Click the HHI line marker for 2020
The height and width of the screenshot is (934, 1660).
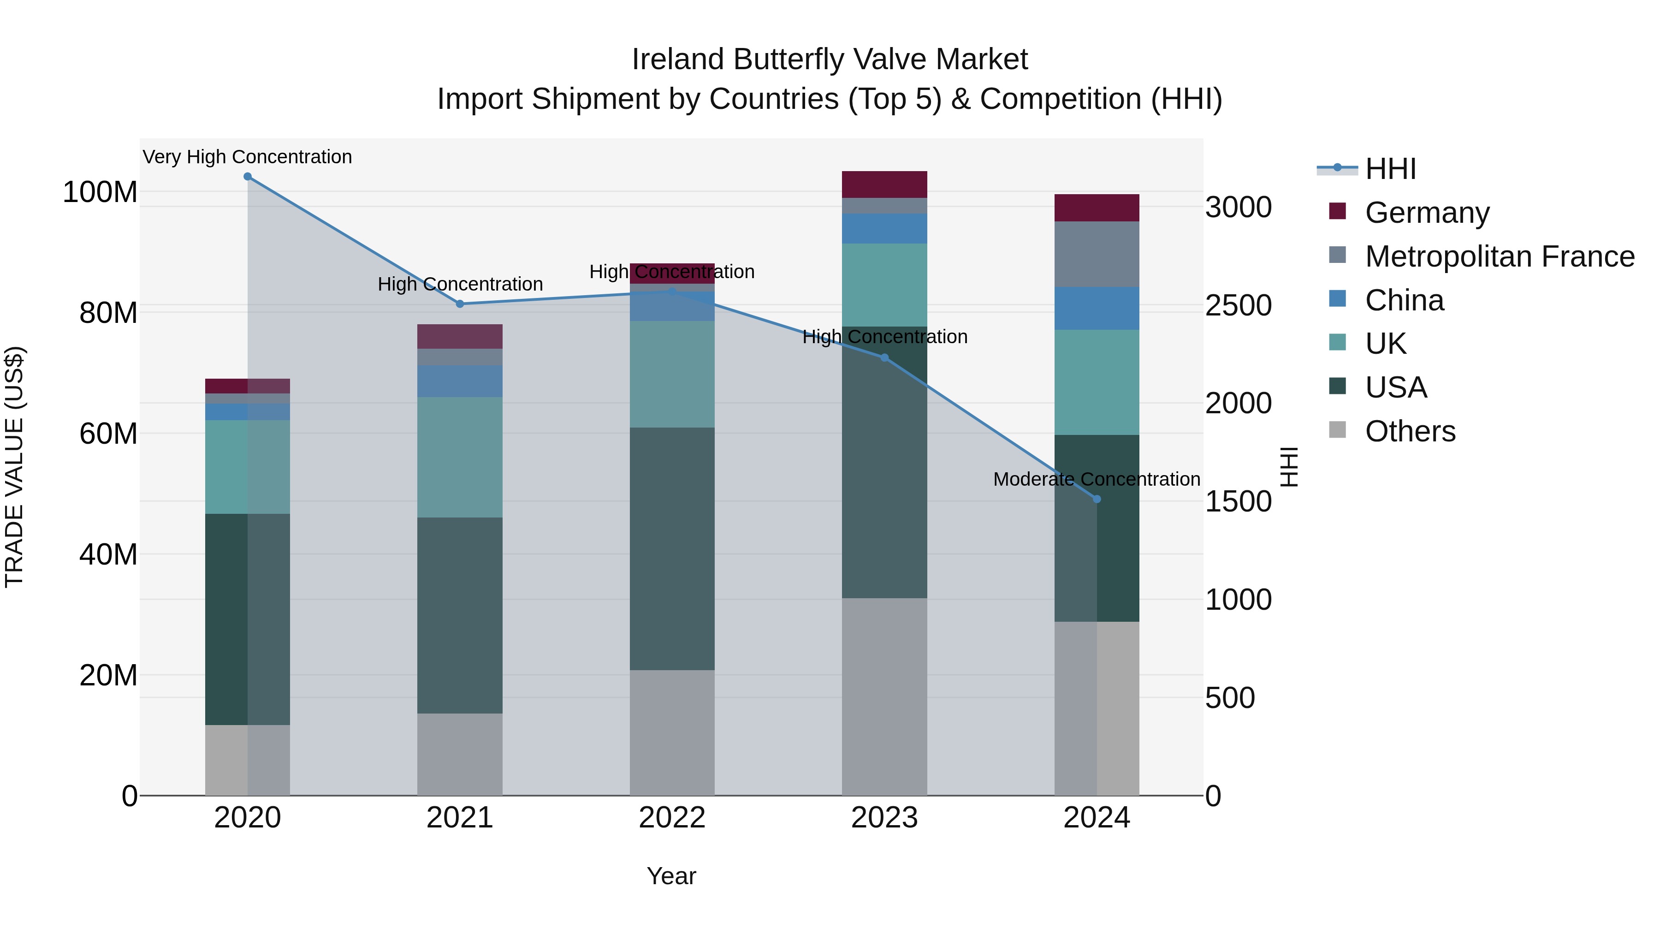[248, 177]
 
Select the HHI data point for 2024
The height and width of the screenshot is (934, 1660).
[1097, 499]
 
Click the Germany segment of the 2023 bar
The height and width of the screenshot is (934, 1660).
[884, 184]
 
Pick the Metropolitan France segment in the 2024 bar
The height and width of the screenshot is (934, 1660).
[1097, 254]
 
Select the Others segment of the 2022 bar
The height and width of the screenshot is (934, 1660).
[672, 732]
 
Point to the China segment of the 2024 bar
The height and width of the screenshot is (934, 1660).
[1097, 308]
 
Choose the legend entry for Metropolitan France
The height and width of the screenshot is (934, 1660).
[1500, 256]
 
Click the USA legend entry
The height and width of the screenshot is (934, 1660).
[1396, 387]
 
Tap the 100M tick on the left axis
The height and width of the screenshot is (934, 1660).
[100, 192]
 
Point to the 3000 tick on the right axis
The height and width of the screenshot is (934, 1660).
[1238, 208]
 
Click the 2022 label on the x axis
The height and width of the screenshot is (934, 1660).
[672, 818]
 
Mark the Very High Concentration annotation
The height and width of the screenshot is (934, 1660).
[248, 157]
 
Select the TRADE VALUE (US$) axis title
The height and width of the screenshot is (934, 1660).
[15, 467]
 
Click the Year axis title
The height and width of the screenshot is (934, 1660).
[671, 876]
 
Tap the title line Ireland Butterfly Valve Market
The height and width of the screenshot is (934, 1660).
[830, 59]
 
